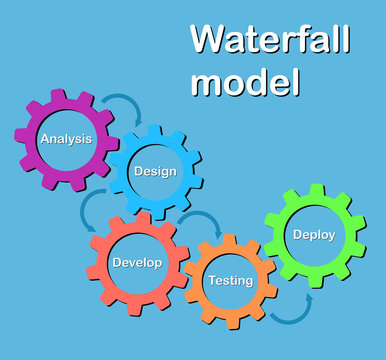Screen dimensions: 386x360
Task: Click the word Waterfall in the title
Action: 270,41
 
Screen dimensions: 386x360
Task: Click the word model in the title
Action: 244,81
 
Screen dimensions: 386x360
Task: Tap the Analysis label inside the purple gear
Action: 66,139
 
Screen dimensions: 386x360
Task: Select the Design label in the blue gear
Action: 155,171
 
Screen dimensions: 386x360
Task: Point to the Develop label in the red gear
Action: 137,263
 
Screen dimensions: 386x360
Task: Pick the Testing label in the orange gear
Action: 230,281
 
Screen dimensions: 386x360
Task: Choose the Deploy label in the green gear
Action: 314,235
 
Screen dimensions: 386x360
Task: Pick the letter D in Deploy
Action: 297,235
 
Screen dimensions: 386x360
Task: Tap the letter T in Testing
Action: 211,281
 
